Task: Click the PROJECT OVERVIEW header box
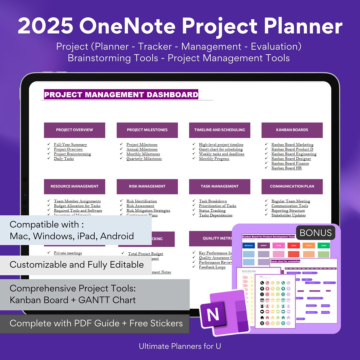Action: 74,130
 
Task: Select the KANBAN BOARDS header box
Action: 292,130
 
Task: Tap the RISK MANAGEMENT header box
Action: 147,186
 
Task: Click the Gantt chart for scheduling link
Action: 221,149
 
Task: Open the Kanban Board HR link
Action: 286,168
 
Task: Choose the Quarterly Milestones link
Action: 144,159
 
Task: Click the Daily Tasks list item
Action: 64,159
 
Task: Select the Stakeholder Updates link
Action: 288,215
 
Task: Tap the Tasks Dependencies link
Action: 216,215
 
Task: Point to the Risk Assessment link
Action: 140,206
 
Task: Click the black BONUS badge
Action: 316,233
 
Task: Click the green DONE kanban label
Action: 324,245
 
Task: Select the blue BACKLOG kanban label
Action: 249,245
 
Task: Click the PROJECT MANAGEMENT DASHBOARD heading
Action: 121,95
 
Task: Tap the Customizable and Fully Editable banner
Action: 77,265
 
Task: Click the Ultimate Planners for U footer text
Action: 180,346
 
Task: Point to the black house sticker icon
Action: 262,317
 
